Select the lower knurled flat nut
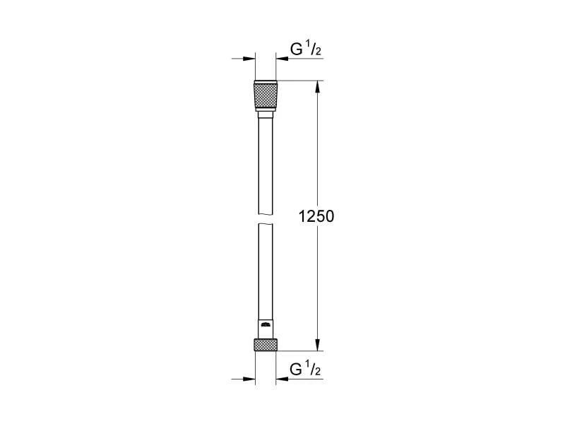pyautogui.click(x=266, y=345)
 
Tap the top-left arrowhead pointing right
pyautogui.click(x=249, y=59)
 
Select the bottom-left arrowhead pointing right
pyautogui.click(x=249, y=379)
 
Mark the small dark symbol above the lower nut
pyautogui.click(x=266, y=325)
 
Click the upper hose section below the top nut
pyautogui.click(x=266, y=163)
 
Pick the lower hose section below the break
pyautogui.click(x=266, y=269)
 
